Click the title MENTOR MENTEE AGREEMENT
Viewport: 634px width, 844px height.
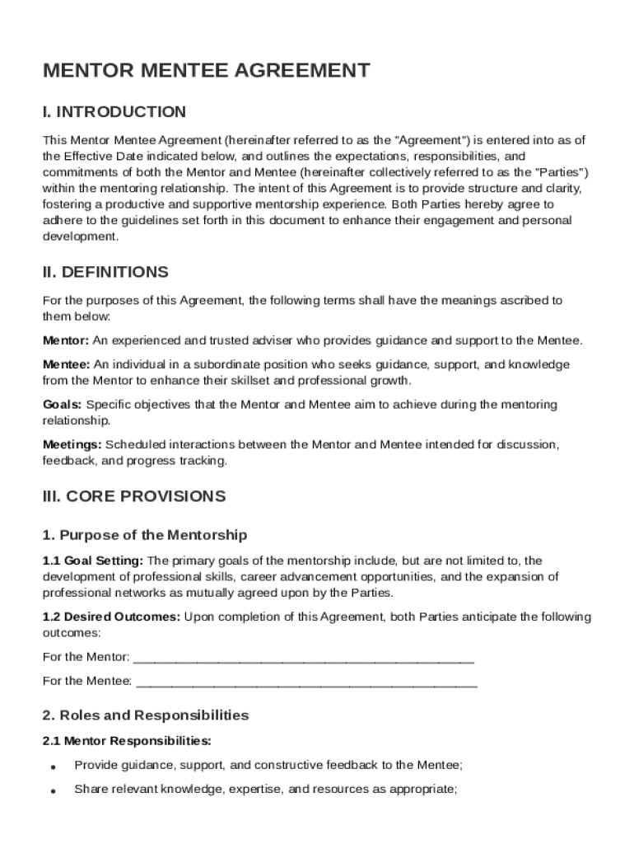pos(206,71)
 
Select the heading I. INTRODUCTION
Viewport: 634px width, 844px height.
pos(114,112)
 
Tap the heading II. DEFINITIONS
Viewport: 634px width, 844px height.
pos(105,272)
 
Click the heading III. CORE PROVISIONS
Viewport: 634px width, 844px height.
pos(134,497)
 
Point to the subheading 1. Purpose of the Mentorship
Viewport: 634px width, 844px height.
pos(145,536)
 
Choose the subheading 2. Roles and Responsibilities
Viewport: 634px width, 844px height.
pos(146,715)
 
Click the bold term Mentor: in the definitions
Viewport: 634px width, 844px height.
pos(66,340)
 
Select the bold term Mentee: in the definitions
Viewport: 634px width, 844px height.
pos(67,364)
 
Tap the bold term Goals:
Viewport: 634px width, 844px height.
pos(63,405)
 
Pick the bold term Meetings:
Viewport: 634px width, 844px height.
pos(72,445)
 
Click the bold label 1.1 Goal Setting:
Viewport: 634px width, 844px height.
pos(93,561)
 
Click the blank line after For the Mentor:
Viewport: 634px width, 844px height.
pos(303,659)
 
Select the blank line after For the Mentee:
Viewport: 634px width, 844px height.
pos(306,682)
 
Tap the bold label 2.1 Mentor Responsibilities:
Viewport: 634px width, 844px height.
pos(127,740)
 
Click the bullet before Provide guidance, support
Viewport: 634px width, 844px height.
pos(53,766)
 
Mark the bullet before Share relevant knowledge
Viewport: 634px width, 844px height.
pos(53,790)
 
